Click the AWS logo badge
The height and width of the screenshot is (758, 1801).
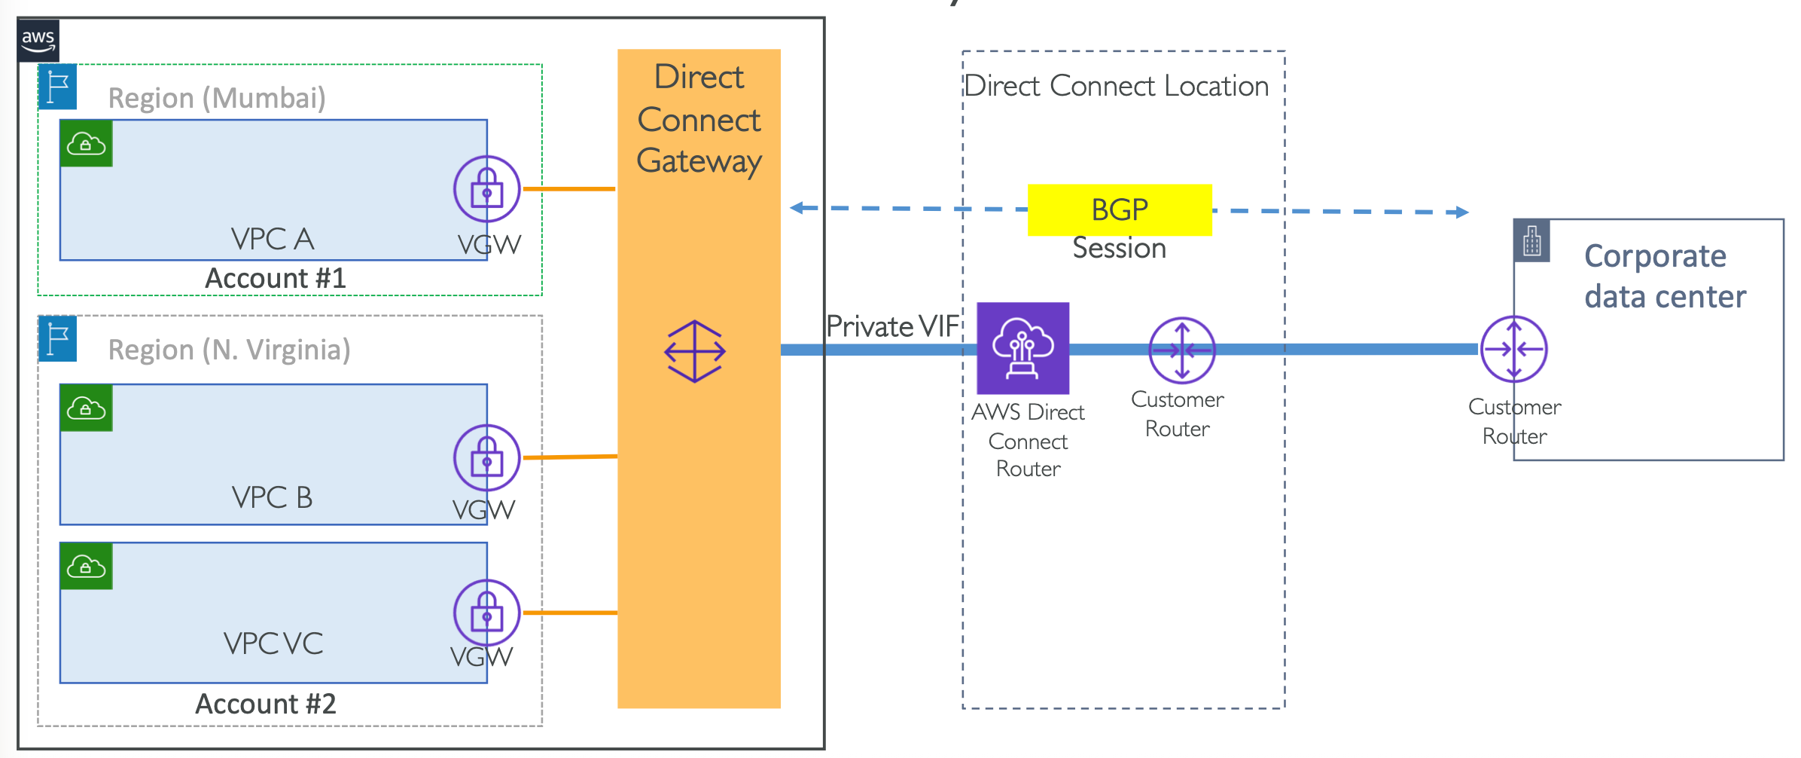pyautogui.click(x=38, y=41)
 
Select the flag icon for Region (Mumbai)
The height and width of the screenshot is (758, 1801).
pyautogui.click(x=58, y=87)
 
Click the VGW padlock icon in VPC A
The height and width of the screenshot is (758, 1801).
pyautogui.click(x=487, y=189)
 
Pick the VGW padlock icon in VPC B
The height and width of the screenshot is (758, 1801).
pyautogui.click(x=487, y=458)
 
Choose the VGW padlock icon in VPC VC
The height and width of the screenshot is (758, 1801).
pyautogui.click(x=487, y=613)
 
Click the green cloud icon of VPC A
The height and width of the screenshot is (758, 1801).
pyautogui.click(x=87, y=143)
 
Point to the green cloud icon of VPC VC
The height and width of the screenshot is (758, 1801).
pyautogui.click(x=87, y=566)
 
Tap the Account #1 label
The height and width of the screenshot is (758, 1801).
pyautogui.click(x=276, y=279)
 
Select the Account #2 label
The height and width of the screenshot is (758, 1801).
pyautogui.click(x=266, y=704)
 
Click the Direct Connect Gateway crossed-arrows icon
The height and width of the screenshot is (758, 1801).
pyautogui.click(x=695, y=351)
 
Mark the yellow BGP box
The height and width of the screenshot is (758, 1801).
pyautogui.click(x=1120, y=209)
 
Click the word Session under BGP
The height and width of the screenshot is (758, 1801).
pyautogui.click(x=1120, y=249)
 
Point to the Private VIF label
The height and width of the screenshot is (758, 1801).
pyautogui.click(x=892, y=326)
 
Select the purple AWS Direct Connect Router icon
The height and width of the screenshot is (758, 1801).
pyautogui.click(x=1022, y=348)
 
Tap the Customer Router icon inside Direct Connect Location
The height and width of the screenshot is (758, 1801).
pyautogui.click(x=1182, y=350)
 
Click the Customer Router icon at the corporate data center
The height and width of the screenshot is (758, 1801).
pyautogui.click(x=1514, y=350)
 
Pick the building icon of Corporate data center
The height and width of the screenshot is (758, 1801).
pyautogui.click(x=1531, y=241)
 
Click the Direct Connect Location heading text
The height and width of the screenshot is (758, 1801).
pyautogui.click(x=1117, y=86)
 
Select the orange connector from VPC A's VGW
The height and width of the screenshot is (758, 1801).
pyautogui.click(x=569, y=188)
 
